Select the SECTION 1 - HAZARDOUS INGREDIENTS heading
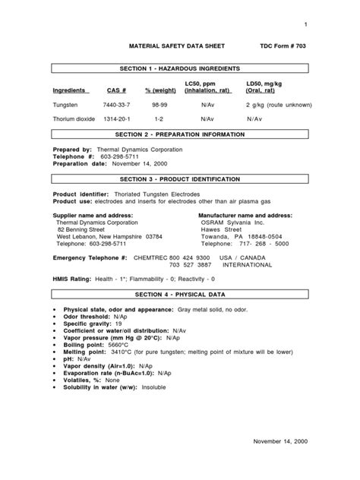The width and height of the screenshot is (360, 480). (x=181, y=68)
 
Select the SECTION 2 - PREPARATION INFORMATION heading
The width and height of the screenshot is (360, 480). (x=180, y=134)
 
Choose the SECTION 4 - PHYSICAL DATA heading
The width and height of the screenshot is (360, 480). (x=180, y=294)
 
